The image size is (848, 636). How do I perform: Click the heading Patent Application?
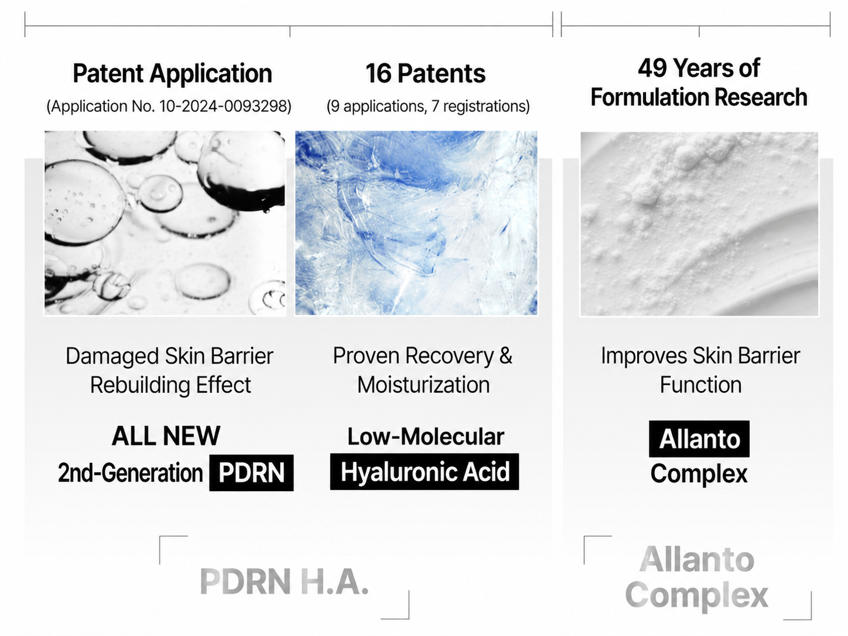click(172, 73)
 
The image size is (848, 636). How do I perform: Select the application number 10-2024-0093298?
click(224, 106)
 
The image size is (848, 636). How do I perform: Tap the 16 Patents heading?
click(425, 73)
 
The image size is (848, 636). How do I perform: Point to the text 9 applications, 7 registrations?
click(428, 106)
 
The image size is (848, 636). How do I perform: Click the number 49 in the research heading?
click(652, 69)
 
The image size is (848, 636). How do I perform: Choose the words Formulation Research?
click(699, 97)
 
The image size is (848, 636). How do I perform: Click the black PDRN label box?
click(251, 473)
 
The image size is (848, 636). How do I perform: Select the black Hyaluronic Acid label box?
click(425, 471)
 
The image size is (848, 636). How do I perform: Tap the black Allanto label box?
click(699, 439)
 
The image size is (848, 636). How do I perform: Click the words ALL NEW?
click(166, 436)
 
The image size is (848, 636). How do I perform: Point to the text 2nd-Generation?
click(130, 473)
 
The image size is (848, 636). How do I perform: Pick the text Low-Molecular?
click(425, 437)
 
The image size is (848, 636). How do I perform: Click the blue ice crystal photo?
click(416, 223)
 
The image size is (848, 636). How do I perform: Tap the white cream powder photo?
click(699, 224)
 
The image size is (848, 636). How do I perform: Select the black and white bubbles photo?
click(165, 223)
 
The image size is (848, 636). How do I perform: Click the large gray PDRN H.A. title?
click(285, 581)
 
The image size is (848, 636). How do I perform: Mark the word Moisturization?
click(423, 385)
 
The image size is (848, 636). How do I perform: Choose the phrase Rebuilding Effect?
click(170, 385)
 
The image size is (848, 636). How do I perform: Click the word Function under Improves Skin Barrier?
click(700, 385)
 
